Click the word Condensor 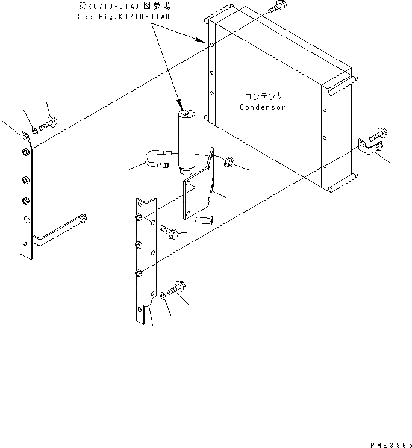(262, 107)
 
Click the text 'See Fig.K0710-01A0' (123, 17)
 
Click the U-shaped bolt (157, 162)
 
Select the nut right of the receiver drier (228, 162)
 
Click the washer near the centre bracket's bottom (164, 296)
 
